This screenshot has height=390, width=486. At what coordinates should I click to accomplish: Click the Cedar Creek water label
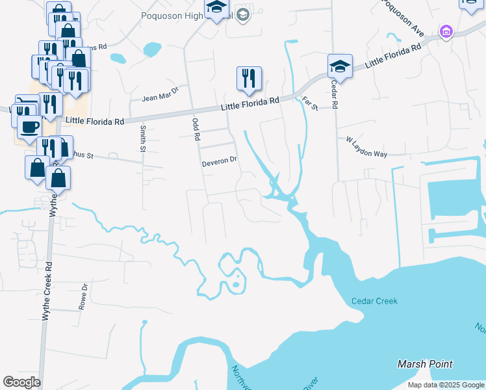click(x=374, y=301)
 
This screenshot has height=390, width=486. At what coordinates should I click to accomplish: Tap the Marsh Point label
click(x=425, y=364)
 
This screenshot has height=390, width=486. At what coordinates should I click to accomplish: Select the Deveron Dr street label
click(x=220, y=159)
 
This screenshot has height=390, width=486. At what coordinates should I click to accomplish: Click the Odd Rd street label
click(x=194, y=129)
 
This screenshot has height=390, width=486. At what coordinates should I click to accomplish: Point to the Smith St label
click(x=142, y=138)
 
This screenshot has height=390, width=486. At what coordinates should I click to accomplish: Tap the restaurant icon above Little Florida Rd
click(x=249, y=79)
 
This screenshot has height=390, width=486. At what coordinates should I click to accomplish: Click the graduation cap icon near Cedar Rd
click(x=340, y=66)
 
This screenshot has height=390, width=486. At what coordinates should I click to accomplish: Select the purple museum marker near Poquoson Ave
click(x=446, y=31)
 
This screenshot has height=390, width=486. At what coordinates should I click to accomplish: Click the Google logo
click(x=21, y=382)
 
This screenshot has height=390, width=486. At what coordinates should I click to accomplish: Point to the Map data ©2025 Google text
click(x=446, y=385)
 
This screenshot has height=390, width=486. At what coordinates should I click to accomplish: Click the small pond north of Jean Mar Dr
click(x=151, y=49)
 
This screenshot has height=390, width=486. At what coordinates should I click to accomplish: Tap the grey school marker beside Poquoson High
click(x=243, y=14)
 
